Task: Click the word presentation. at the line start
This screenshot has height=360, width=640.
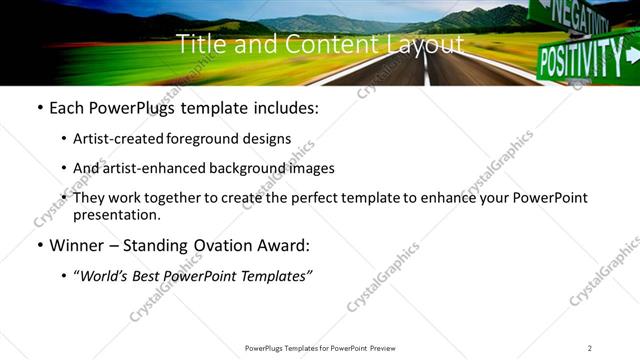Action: click(x=116, y=214)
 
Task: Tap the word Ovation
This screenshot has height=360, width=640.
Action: click(x=221, y=245)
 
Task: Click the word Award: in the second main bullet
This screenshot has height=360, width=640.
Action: click(x=283, y=245)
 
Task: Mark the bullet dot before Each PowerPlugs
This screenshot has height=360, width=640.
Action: click(x=39, y=108)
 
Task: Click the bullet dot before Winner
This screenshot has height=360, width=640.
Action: click(x=39, y=245)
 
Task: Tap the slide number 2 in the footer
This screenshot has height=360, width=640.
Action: click(x=590, y=348)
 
